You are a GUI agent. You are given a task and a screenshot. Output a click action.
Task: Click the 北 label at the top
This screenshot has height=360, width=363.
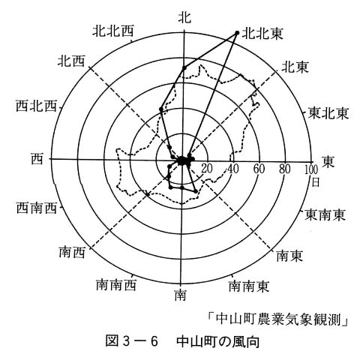(184, 17)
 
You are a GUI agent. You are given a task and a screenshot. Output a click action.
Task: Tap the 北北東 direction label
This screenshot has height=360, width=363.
(262, 34)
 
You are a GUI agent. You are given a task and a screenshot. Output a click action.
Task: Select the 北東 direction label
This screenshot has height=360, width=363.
(295, 67)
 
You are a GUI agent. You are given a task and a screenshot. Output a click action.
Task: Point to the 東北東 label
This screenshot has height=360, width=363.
(328, 113)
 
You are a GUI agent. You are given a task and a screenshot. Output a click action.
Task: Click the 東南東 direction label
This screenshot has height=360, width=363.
(325, 215)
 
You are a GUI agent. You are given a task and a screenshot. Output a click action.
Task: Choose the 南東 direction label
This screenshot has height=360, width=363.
(289, 256)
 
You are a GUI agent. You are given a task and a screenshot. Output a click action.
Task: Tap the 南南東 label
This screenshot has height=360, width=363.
(249, 286)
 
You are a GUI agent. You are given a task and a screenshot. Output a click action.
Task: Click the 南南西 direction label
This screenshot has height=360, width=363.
(116, 285)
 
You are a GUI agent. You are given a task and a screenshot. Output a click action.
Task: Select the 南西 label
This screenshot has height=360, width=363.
(72, 253)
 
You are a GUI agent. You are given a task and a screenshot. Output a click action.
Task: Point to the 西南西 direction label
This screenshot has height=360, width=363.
(37, 208)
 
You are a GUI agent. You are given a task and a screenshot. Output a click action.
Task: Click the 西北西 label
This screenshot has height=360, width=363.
(36, 106)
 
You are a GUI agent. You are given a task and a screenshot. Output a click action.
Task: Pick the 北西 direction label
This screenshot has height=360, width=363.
(71, 61)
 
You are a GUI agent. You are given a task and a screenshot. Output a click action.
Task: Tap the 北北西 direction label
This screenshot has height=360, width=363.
(113, 31)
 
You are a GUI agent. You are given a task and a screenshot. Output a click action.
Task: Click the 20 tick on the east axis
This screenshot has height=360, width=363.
(207, 169)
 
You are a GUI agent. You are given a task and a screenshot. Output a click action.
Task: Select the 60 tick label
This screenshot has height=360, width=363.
(259, 169)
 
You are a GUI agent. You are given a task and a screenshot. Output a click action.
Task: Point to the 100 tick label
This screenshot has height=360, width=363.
(311, 169)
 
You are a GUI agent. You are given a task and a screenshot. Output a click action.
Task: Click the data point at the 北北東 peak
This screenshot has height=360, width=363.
(237, 33)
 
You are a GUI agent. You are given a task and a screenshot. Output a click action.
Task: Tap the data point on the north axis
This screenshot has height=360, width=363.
(184, 68)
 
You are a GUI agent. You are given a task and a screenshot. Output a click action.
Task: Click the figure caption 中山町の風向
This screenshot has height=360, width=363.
(217, 342)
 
